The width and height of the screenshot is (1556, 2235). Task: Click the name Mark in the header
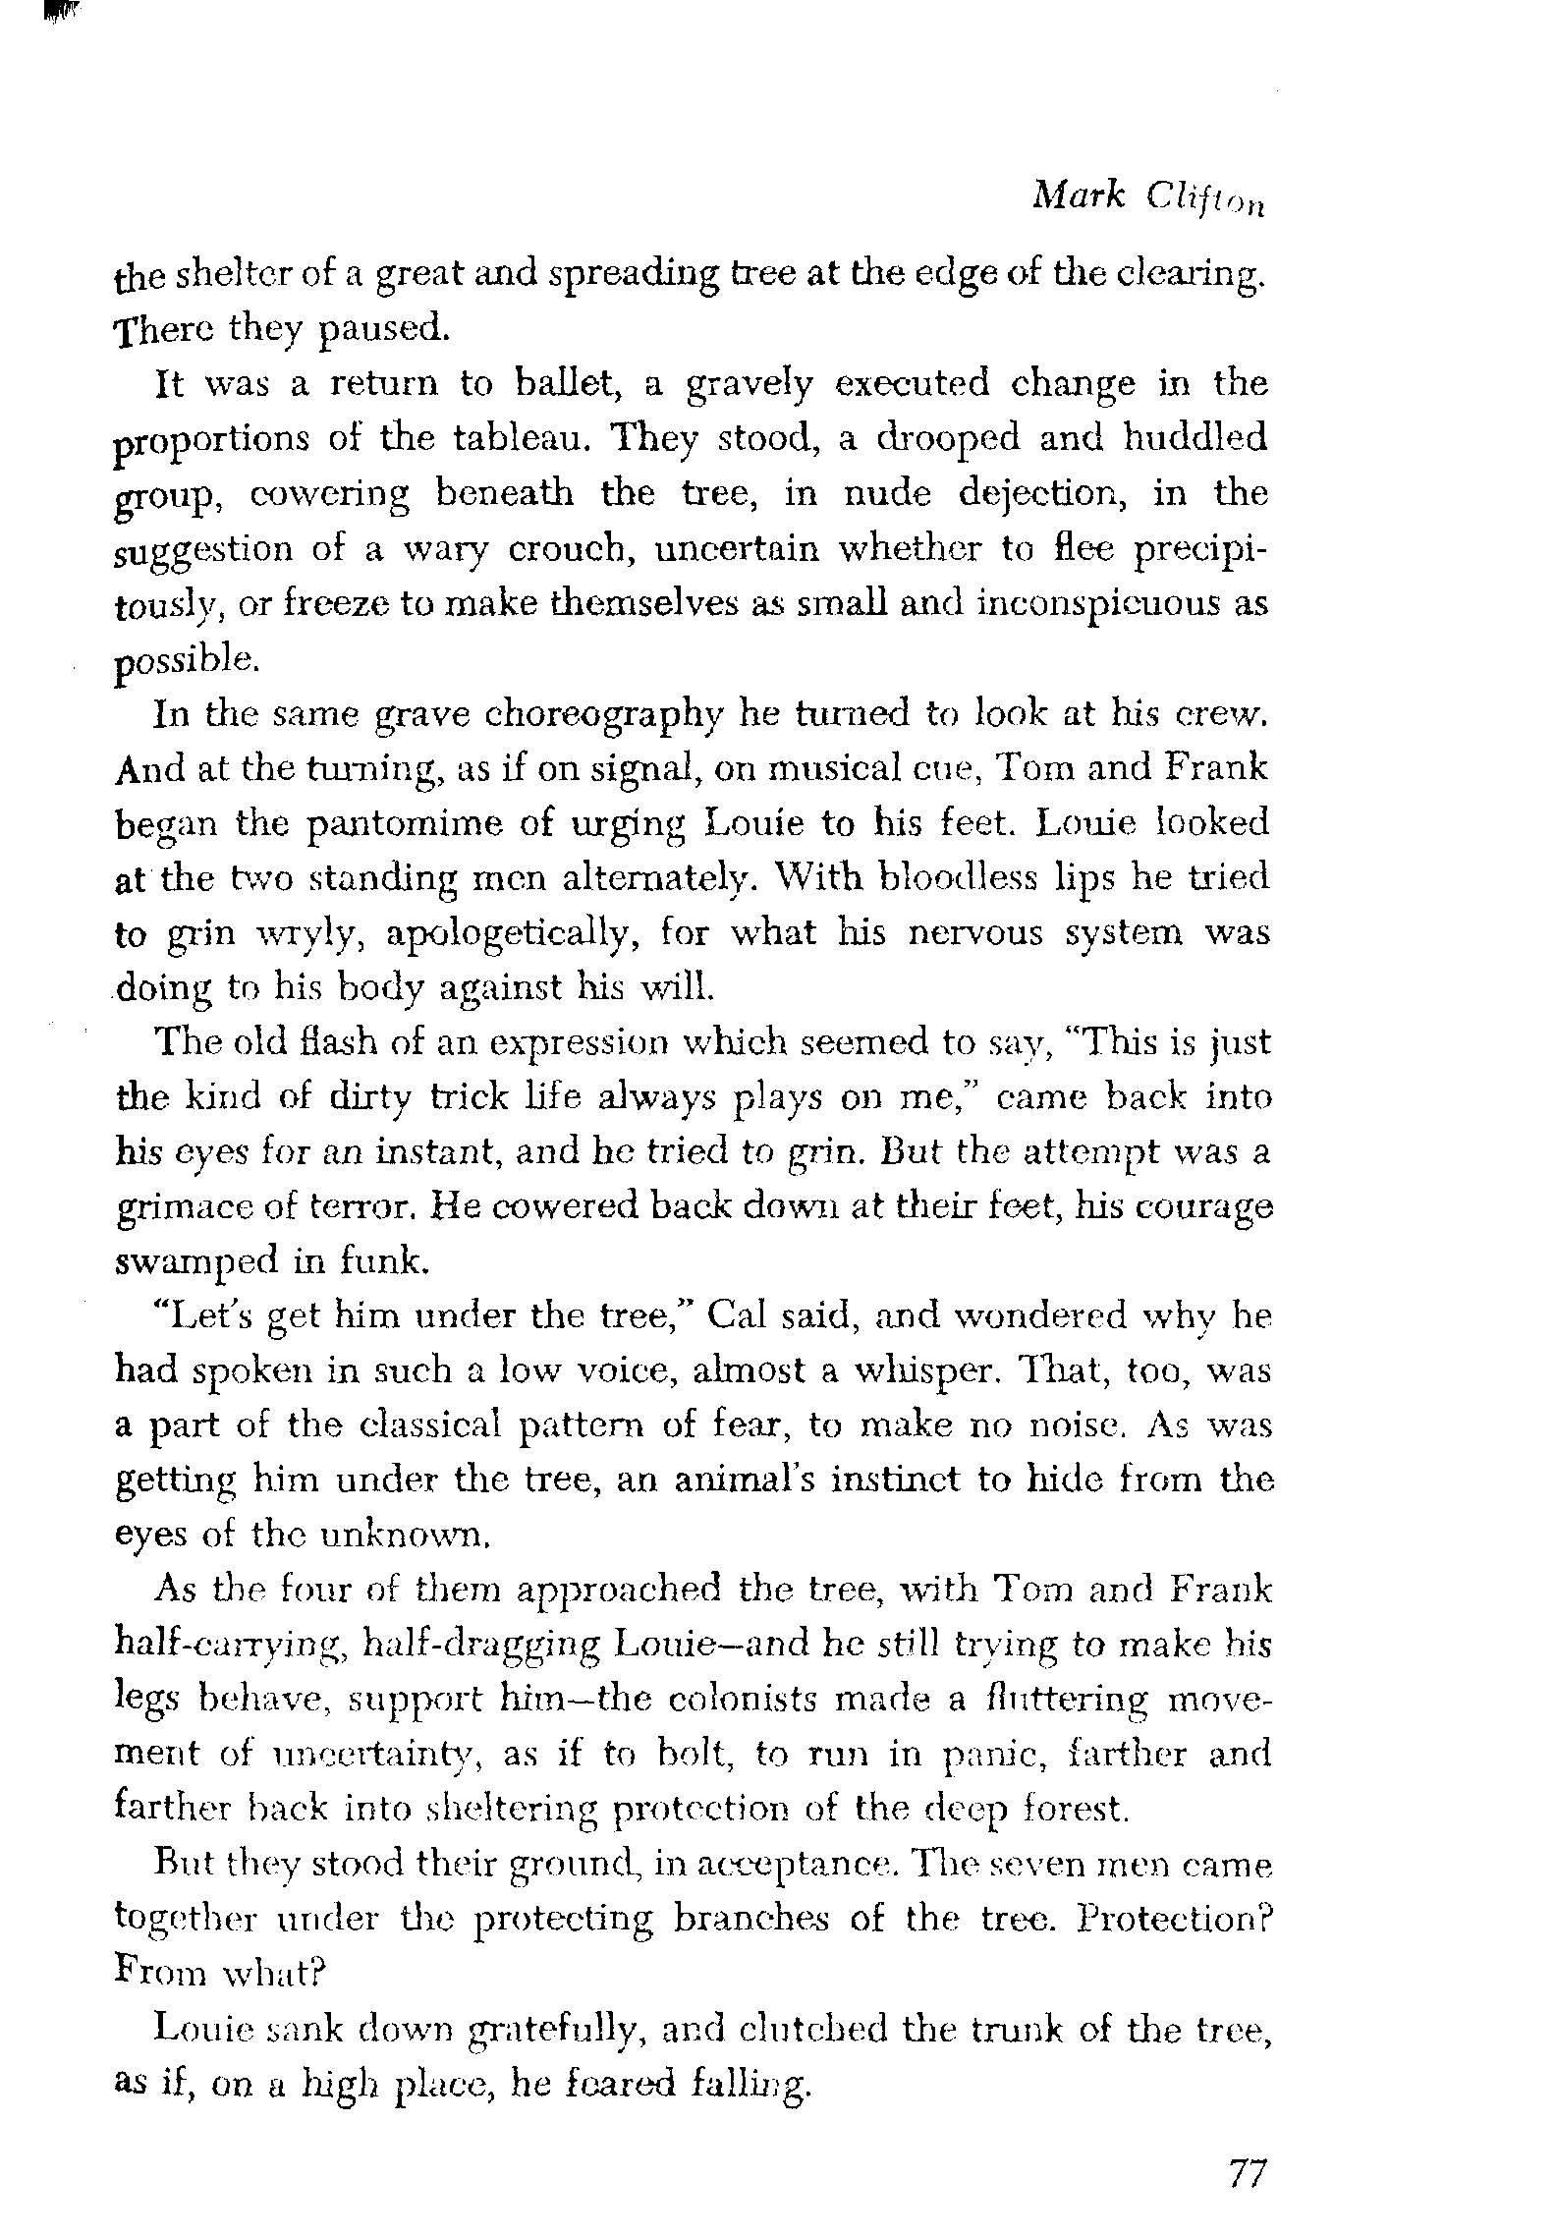tap(1078, 196)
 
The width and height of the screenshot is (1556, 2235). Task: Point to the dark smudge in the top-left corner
tap(61, 13)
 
